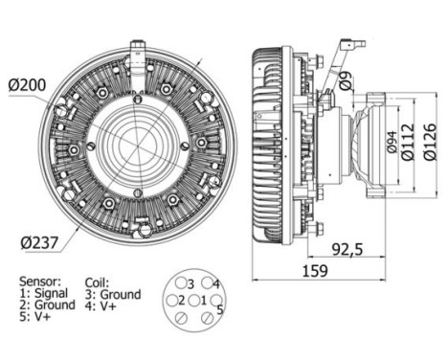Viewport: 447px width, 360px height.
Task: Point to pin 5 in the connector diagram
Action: (218, 308)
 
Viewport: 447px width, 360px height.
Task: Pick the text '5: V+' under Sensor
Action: (36, 318)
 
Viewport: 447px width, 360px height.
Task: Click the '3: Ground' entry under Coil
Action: (113, 294)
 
